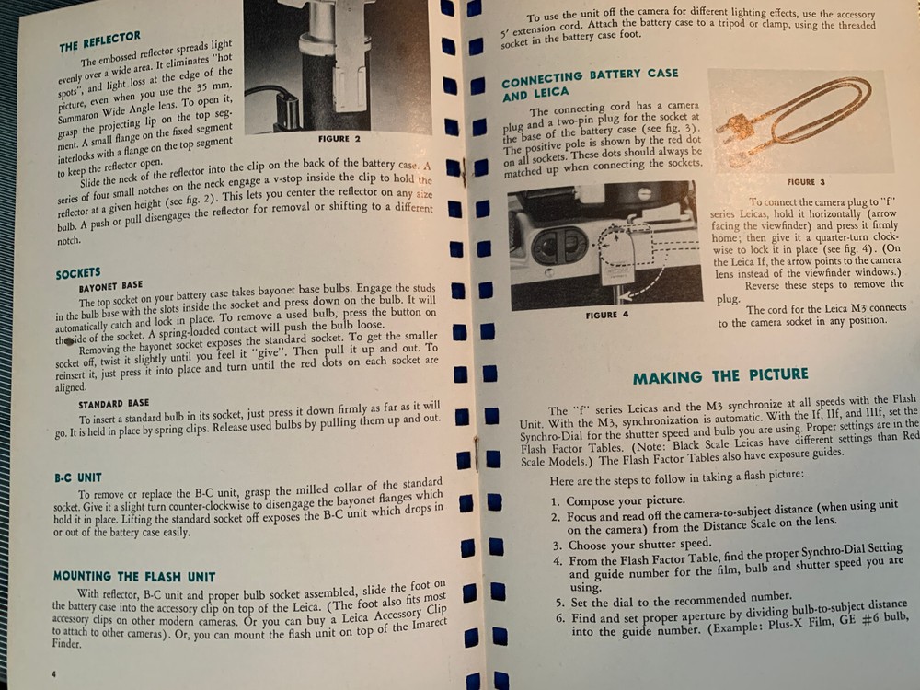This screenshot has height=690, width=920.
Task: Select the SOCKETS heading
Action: click(x=78, y=274)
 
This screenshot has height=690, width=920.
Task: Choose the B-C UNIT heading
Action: click(x=77, y=477)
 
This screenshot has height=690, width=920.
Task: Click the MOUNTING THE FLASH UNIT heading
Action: click(x=133, y=577)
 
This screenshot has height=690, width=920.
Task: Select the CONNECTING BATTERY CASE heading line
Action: click(x=590, y=75)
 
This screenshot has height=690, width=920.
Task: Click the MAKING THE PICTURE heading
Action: click(x=720, y=376)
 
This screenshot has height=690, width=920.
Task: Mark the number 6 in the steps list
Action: click(x=558, y=617)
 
